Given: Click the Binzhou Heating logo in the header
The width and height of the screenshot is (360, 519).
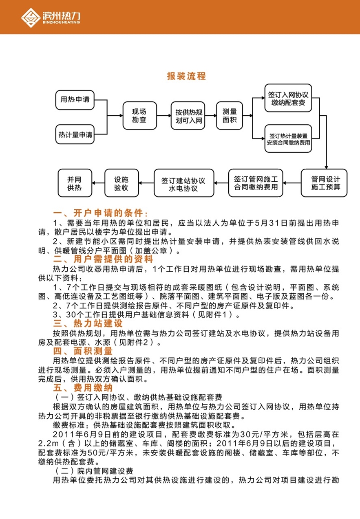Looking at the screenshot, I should click(x=51, y=17).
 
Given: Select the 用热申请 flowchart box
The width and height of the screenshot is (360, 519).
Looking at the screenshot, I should click(x=75, y=99).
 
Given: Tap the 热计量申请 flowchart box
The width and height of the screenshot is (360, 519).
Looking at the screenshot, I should click(x=75, y=134).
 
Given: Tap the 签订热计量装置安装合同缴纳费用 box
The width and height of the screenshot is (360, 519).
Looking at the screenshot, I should click(x=289, y=139).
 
